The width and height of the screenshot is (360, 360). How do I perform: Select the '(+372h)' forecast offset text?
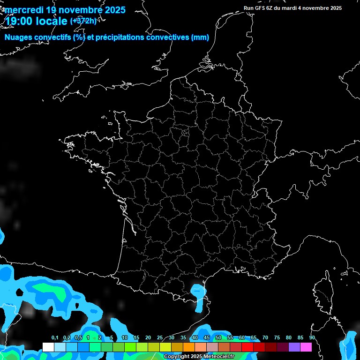click(83, 21)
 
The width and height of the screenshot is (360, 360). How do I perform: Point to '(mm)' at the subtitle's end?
click(200, 37)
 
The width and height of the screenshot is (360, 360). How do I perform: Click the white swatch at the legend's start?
click(48, 347)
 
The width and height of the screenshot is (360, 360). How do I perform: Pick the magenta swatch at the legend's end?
click(306, 347)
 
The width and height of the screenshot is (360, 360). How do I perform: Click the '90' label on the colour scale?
click(312, 338)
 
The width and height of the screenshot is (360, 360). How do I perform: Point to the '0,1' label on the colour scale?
click(55, 338)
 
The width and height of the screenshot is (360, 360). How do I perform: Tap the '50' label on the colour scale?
click(218, 338)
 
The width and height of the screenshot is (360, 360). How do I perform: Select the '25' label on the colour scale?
click(160, 338)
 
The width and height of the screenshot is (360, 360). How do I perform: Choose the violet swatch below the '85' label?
click(294, 347)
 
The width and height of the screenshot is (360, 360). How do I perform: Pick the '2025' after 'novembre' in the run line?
click(334, 8)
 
